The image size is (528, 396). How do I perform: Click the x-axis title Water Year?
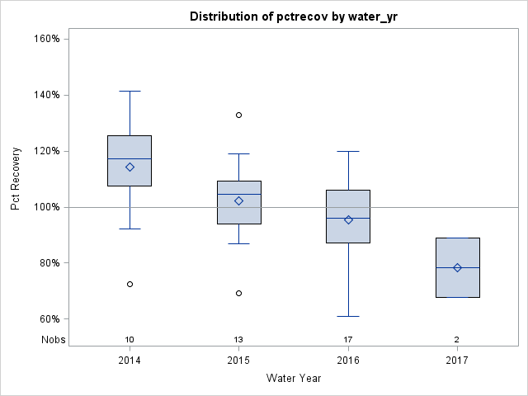pos(294,378)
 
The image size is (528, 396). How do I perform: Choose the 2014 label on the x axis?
pos(130,361)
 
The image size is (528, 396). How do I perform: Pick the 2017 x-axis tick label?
pos(457,361)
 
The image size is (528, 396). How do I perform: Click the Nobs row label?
pos(53,339)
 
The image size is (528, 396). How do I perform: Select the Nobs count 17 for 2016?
pos(348,339)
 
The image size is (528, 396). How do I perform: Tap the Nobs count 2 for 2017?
pos(457,339)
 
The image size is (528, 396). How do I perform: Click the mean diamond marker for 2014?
pos(130,167)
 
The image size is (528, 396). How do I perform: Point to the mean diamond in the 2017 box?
pos(457,267)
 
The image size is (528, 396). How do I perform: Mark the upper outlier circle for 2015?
pos(238,115)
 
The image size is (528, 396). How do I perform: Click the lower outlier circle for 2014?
pos(130,284)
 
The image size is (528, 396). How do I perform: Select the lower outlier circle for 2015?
pos(238,293)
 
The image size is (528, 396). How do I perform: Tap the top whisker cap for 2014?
pos(130,91)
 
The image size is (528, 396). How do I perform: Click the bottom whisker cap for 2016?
pos(348,316)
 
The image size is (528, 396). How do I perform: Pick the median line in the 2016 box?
pos(348,218)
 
